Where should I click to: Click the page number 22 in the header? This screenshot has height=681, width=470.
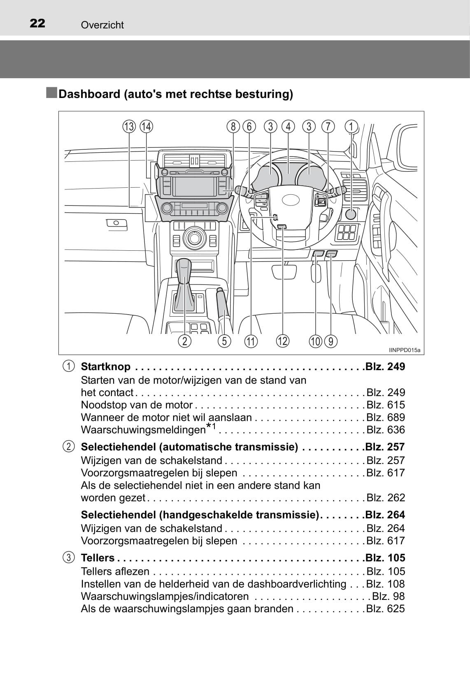pyautogui.click(x=37, y=23)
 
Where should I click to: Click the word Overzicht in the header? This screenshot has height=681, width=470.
pyautogui.click(x=102, y=25)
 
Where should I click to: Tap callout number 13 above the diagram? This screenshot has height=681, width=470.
pyautogui.click(x=129, y=126)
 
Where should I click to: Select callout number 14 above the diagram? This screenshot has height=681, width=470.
pyautogui.click(x=146, y=126)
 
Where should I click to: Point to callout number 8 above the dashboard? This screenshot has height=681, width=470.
pyautogui.click(x=233, y=126)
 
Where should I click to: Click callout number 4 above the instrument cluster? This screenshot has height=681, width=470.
pyautogui.click(x=288, y=126)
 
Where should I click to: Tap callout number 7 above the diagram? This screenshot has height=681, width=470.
pyautogui.click(x=328, y=126)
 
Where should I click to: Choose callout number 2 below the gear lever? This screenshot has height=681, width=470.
pyautogui.click(x=185, y=341)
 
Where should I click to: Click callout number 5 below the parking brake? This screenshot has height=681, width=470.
pyautogui.click(x=224, y=341)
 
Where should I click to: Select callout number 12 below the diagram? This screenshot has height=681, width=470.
pyautogui.click(x=283, y=341)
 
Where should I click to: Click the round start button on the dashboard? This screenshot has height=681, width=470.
pyautogui.click(x=351, y=214)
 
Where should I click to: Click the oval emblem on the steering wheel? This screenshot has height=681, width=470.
pyautogui.click(x=291, y=200)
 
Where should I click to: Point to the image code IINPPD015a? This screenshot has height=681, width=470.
pyautogui.click(x=404, y=350)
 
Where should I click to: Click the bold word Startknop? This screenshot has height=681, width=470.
pyautogui.click(x=106, y=366)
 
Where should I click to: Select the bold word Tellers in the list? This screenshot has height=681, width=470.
pyautogui.click(x=98, y=558)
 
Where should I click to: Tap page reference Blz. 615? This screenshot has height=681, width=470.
pyautogui.click(x=386, y=405)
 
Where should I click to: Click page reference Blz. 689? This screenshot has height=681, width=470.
pyautogui.click(x=386, y=417)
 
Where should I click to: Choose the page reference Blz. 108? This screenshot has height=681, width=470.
pyautogui.click(x=386, y=584)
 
